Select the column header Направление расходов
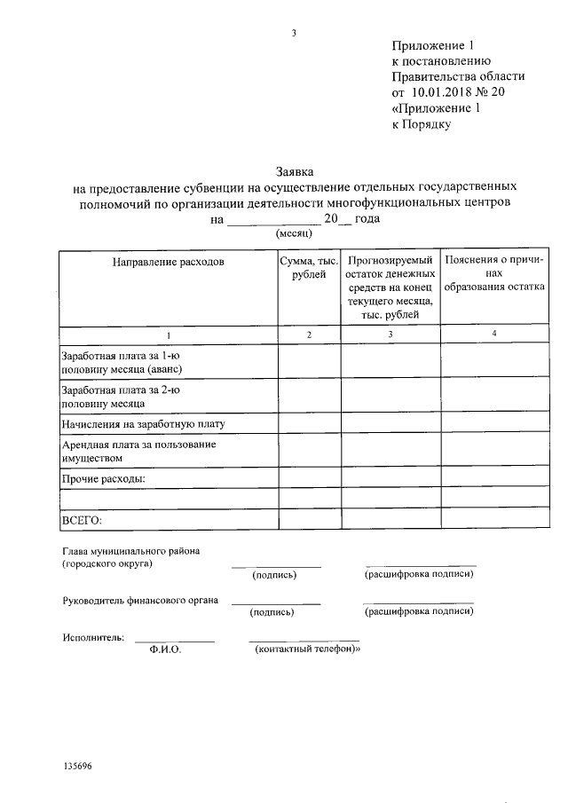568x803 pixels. pyautogui.click(x=168, y=262)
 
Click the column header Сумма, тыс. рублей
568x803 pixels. pyautogui.click(x=308, y=268)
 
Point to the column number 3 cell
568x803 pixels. pyautogui.click(x=390, y=334)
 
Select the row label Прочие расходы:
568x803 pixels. pyautogui.click(x=103, y=479)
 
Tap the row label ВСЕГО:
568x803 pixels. pyautogui.click(x=82, y=518)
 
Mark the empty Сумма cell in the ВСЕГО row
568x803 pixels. pyautogui.click(x=309, y=518)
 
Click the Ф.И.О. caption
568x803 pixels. pyautogui.click(x=166, y=650)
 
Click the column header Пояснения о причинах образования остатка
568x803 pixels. pyautogui.click(x=493, y=274)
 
